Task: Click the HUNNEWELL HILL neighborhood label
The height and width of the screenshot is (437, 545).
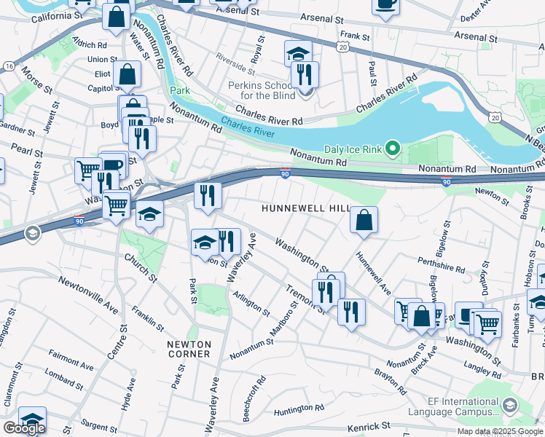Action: point(307,209)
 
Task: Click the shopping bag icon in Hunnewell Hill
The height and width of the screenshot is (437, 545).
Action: point(364,219)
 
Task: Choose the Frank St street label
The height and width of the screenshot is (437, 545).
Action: point(355,35)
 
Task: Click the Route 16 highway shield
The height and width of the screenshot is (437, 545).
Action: point(8,66)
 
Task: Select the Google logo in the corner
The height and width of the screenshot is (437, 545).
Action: point(24,428)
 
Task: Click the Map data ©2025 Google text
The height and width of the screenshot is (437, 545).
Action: point(499,431)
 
